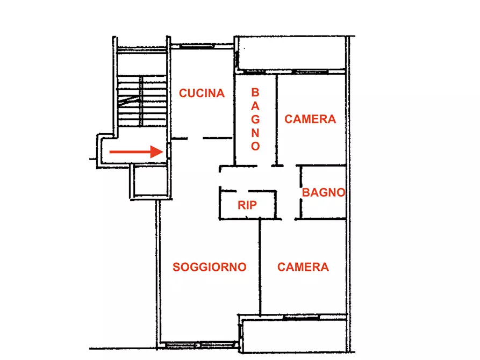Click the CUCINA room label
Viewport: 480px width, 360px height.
[202, 93]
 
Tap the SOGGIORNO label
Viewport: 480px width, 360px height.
[210, 267]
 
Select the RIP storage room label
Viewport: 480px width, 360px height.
[247, 205]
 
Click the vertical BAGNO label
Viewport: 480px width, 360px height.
[255, 119]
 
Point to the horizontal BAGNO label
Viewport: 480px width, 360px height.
[323, 192]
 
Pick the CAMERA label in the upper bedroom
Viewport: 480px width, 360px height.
[310, 119]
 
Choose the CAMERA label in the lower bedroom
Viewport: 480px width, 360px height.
[303, 267]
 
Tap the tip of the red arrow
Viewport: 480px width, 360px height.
[162, 152]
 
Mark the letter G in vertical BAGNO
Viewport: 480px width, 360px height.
[255, 119]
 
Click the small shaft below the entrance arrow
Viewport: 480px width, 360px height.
[151, 182]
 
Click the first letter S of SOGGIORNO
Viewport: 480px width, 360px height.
[176, 267]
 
